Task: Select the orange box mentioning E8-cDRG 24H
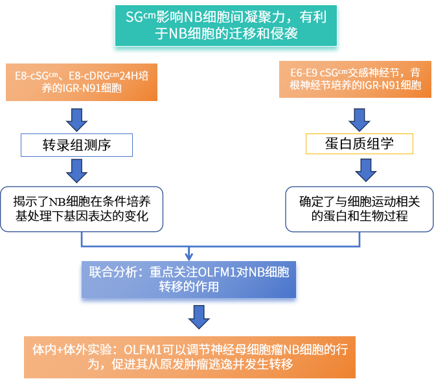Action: click(82, 81)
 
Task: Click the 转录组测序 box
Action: click(76, 145)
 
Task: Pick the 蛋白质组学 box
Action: click(359, 143)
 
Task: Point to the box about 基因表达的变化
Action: click(80, 209)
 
